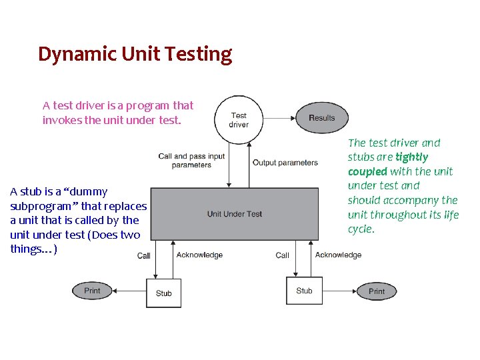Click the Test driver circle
239,120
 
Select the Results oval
322,118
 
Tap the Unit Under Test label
235,214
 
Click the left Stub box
163,293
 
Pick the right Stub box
304,290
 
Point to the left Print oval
93,291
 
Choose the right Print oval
377,291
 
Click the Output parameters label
285,163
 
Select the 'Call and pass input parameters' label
191,161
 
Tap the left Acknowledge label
199,255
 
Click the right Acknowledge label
338,255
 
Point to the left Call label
144,255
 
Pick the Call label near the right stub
283,255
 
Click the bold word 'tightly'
411,157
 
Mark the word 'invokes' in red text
61,120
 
